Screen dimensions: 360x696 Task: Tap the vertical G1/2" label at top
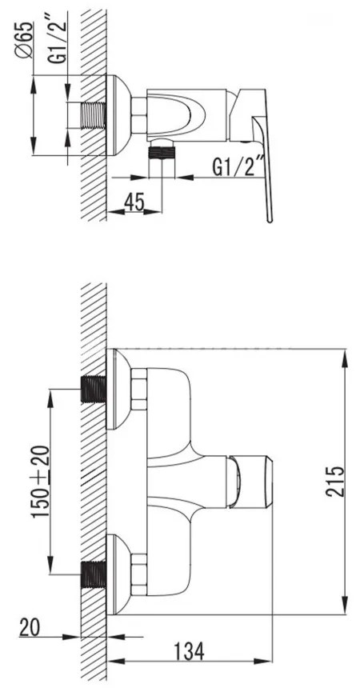(58, 40)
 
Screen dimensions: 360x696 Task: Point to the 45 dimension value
(134, 202)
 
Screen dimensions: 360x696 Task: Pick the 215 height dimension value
(335, 481)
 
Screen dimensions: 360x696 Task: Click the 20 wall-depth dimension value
(30, 627)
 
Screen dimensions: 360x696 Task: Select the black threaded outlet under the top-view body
(162, 154)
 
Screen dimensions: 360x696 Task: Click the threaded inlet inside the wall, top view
(94, 115)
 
